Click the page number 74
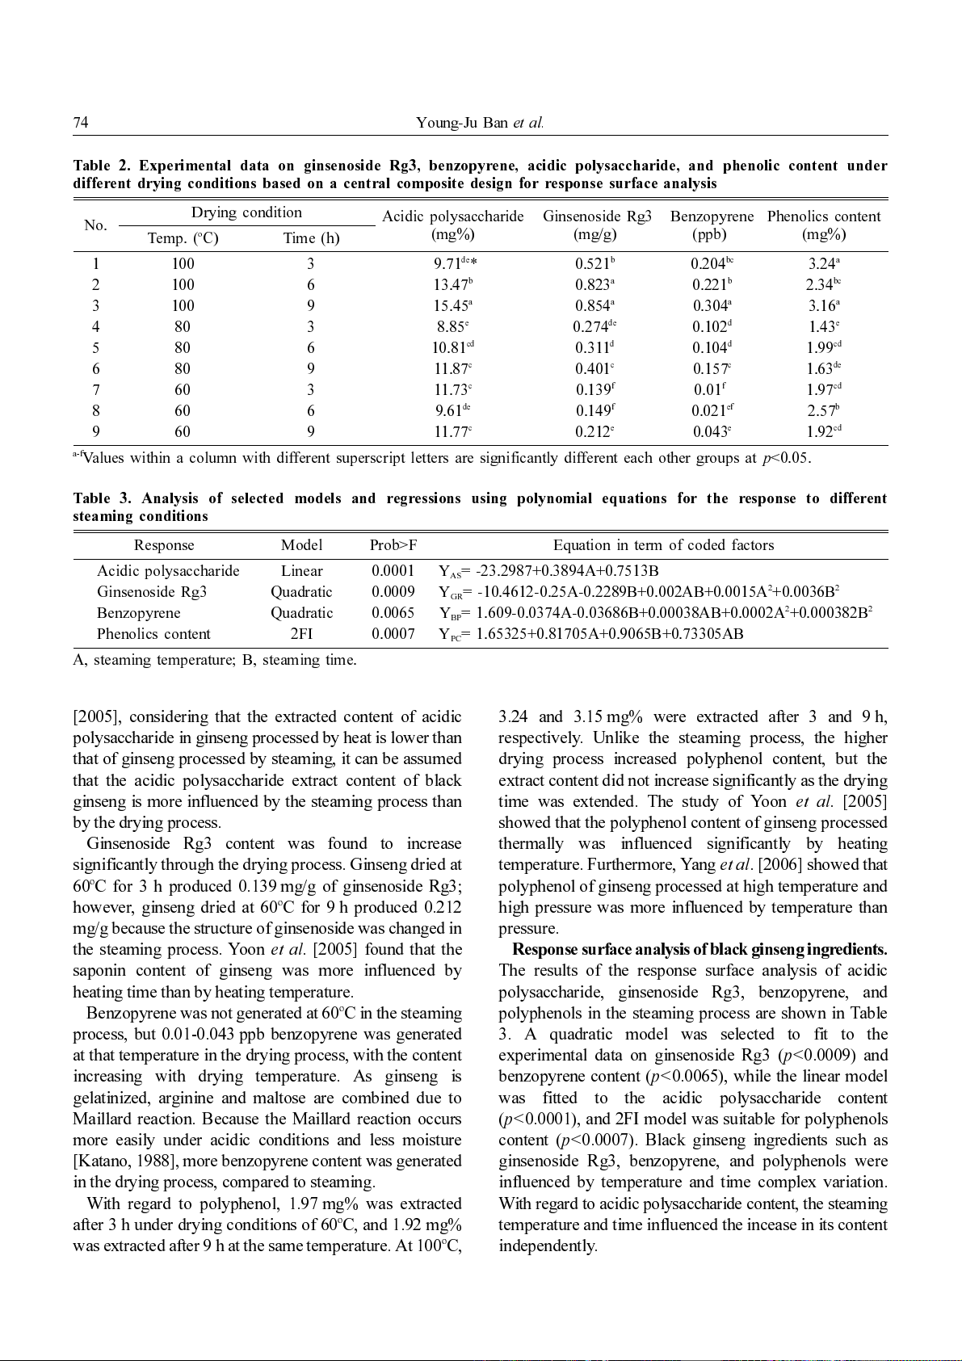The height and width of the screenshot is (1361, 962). (x=81, y=123)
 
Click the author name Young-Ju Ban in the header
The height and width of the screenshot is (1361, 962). (x=462, y=123)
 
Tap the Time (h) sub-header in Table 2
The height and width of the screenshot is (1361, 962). (x=311, y=238)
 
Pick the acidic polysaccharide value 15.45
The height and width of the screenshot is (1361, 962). (x=452, y=306)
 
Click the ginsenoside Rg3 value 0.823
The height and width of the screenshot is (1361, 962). (x=593, y=284)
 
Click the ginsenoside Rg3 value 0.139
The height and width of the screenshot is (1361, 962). (x=593, y=390)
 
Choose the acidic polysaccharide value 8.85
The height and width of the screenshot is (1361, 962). (x=452, y=327)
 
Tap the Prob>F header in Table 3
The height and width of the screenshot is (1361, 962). (x=393, y=545)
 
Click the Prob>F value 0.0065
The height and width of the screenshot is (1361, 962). (x=393, y=613)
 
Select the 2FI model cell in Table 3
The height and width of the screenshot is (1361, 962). (x=301, y=634)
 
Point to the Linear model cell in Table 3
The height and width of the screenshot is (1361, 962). (x=301, y=571)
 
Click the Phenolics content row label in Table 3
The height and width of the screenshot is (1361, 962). (x=153, y=634)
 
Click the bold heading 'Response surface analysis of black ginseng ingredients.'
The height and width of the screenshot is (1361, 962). (x=699, y=950)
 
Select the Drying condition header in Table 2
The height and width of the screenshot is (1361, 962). (x=246, y=212)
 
